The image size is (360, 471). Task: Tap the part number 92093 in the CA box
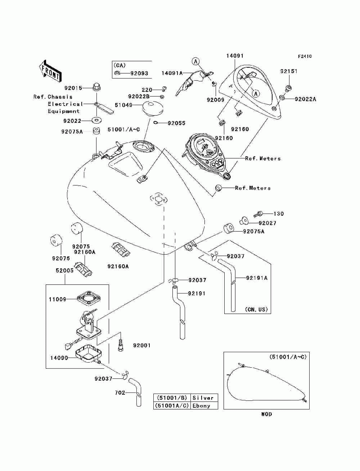[139, 73]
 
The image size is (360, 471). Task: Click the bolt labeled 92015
[96, 87]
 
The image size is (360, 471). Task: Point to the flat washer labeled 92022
[96, 120]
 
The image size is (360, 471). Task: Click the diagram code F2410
[305, 57]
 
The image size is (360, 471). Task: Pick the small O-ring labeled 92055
[156, 123]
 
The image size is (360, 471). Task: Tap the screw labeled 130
[258, 214]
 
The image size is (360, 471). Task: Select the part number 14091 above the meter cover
[235, 56]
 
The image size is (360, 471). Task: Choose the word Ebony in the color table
[201, 405]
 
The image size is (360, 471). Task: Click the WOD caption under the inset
[266, 414]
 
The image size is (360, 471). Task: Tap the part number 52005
[64, 270]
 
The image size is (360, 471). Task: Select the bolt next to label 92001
[121, 345]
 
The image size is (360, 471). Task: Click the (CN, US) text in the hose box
[256, 309]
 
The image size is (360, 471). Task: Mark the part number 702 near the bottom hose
[120, 392]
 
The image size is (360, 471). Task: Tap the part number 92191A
[257, 278]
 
